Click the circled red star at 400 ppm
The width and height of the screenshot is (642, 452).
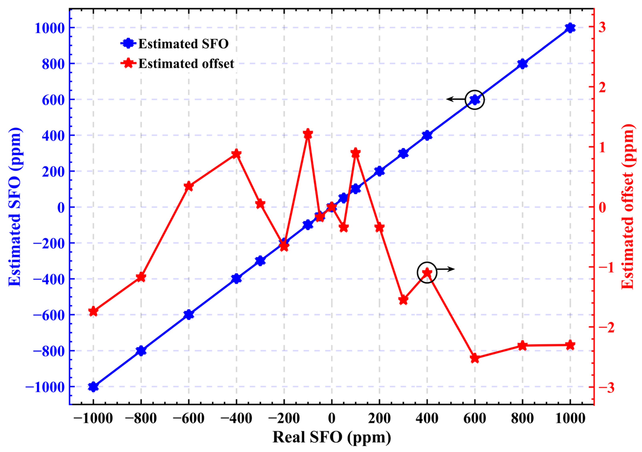[x=427, y=273]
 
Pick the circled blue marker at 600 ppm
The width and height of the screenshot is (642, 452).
[x=474, y=100]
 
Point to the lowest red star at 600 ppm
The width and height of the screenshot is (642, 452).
[x=474, y=358]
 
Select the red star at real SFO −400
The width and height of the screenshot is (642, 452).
[x=236, y=154]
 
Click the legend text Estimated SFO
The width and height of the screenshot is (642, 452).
[x=184, y=44]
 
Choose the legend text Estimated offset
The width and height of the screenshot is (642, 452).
[x=186, y=64]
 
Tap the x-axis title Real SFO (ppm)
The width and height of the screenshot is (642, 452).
[x=332, y=437]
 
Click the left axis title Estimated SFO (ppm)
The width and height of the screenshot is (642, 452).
[x=15, y=207]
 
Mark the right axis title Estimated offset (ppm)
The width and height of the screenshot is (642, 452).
[x=628, y=207]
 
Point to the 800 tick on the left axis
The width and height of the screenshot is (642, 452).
[x=53, y=64]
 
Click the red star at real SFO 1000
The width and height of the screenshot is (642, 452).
[x=570, y=345]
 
